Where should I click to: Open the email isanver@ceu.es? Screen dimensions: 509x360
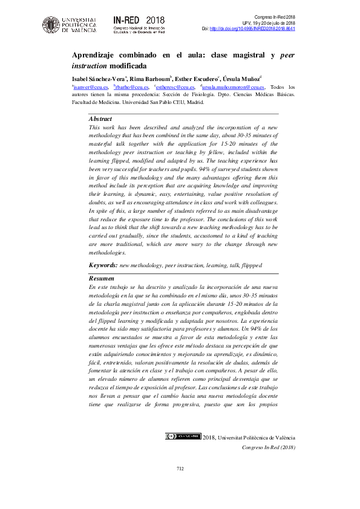[x=90, y=87]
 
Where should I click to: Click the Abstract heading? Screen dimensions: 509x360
[x=100, y=119]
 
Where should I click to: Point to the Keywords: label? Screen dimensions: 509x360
[x=103, y=265]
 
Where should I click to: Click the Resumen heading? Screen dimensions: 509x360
[x=101, y=278]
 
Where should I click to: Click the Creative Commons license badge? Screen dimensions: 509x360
[x=183, y=436]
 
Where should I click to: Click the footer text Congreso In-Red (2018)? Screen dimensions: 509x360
[x=268, y=447]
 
